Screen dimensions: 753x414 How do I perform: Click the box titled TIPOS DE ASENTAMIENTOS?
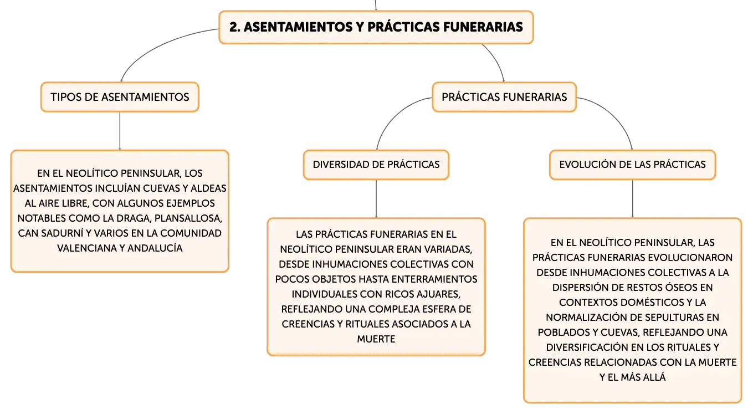click(120, 97)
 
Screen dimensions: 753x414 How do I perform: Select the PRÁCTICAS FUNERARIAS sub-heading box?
click(504, 97)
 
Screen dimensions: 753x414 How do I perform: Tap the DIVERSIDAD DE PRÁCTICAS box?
click(376, 165)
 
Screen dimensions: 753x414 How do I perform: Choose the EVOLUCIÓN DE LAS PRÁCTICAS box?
click(632, 165)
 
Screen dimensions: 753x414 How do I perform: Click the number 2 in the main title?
click(234, 27)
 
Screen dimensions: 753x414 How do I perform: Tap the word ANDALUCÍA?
click(155, 248)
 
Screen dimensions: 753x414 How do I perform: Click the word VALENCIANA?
click(86, 248)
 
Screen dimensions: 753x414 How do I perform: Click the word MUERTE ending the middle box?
click(376, 339)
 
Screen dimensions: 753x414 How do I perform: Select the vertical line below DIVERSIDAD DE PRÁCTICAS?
click(376, 199)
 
